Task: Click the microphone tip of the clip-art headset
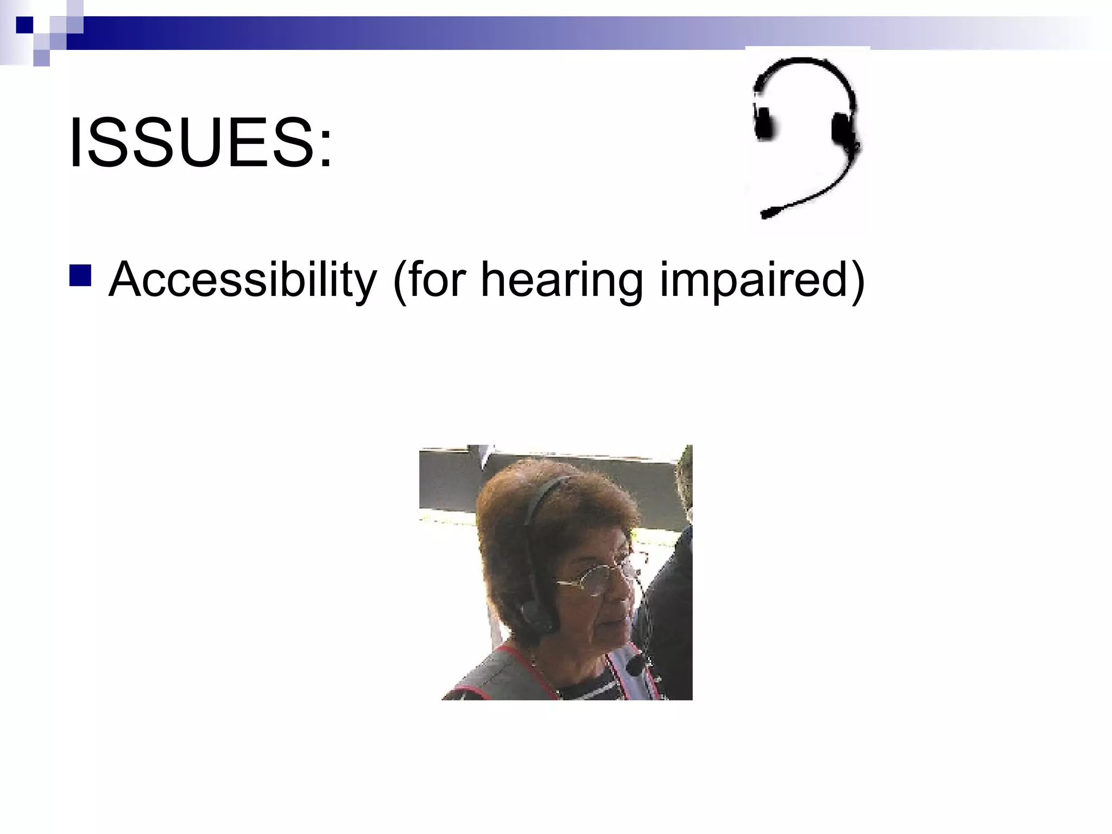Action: (x=767, y=213)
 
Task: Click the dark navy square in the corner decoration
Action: (x=25, y=25)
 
